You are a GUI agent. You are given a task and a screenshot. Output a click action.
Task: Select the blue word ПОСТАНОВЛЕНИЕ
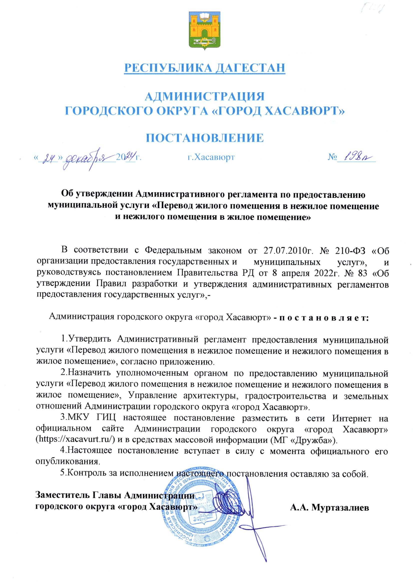205,138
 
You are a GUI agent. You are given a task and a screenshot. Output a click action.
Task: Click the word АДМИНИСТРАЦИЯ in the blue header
205,97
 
